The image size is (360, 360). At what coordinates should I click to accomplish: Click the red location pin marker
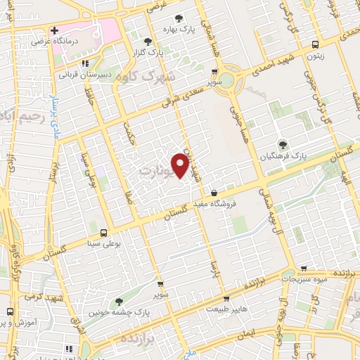coord(181,166)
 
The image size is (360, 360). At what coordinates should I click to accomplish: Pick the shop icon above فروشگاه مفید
coord(214,193)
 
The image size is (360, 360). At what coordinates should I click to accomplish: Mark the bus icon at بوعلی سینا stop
coord(104,233)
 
